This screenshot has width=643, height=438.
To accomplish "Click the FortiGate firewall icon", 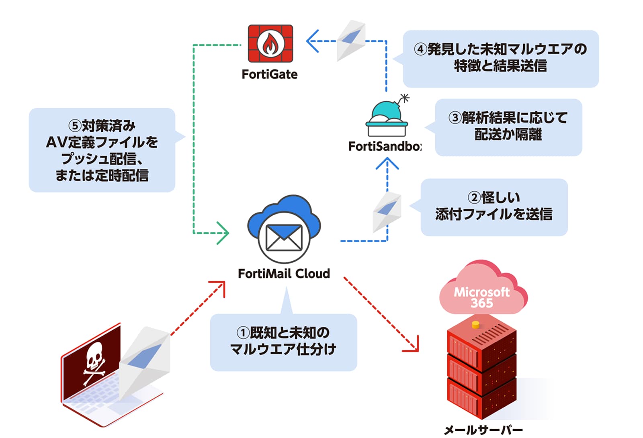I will (270, 43).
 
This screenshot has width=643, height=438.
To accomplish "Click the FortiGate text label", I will (269, 74).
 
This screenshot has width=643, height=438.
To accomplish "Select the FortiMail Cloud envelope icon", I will (284, 237).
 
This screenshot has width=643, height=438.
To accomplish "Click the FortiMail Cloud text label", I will (284, 274).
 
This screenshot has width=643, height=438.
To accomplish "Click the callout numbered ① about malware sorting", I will (283, 342).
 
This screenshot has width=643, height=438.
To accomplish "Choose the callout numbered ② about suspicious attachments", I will (494, 207).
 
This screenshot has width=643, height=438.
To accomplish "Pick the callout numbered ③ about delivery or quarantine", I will (508, 127).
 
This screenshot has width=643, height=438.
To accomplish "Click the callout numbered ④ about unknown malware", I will (500, 58).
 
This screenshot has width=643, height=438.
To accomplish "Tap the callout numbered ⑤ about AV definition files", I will (102, 150).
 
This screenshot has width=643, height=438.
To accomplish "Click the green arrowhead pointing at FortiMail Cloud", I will (223, 233).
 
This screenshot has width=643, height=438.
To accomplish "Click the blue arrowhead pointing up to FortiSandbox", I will (387, 163).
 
